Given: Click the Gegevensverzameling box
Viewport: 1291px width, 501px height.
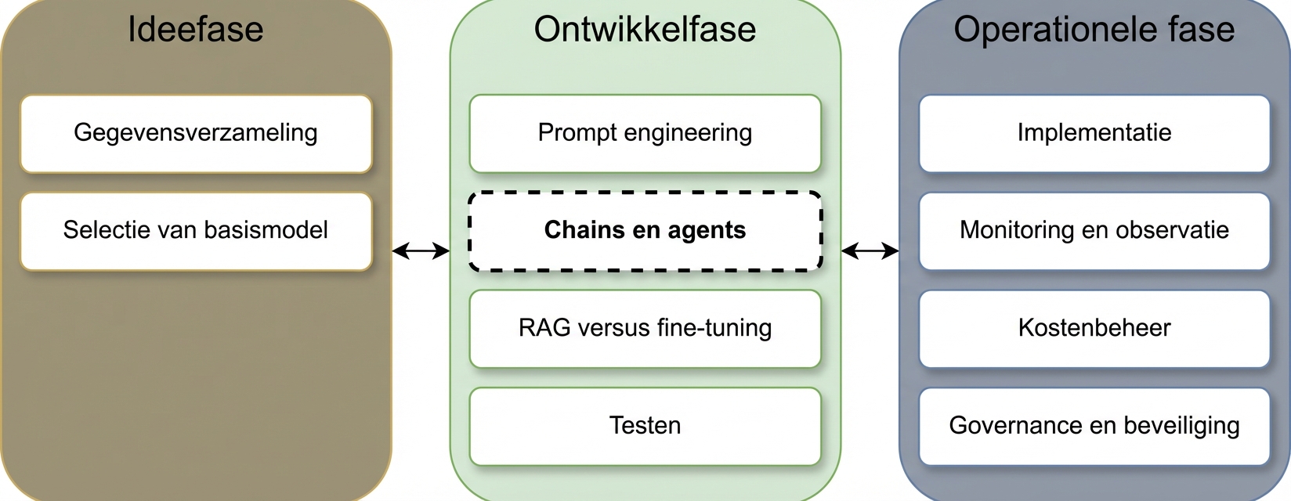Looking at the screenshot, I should (196, 134).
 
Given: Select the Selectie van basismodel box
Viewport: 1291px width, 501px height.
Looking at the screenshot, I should (196, 232).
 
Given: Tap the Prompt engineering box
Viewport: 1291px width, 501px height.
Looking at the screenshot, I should (645, 134).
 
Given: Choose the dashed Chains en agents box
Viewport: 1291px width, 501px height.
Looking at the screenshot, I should (645, 232).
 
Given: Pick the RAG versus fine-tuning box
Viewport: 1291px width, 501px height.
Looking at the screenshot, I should (645, 329).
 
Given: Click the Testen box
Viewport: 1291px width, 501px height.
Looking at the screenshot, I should (645, 427).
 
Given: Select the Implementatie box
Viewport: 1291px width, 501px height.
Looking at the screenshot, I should (1094, 134).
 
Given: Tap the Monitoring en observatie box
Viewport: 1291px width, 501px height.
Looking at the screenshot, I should (1094, 232).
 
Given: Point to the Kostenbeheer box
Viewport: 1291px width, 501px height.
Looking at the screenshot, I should (1094, 329).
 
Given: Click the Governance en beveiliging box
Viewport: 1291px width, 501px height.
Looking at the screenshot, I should (1094, 427).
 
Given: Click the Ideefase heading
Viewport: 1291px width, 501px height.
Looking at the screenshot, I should (196, 30).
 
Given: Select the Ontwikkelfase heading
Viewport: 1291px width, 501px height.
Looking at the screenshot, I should (645, 30).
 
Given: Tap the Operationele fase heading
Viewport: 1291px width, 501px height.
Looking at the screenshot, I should (1094, 30).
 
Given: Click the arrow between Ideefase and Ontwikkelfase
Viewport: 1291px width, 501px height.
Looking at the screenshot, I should (421, 250).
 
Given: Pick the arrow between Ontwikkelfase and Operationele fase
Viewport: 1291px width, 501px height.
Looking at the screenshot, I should (870, 250).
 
